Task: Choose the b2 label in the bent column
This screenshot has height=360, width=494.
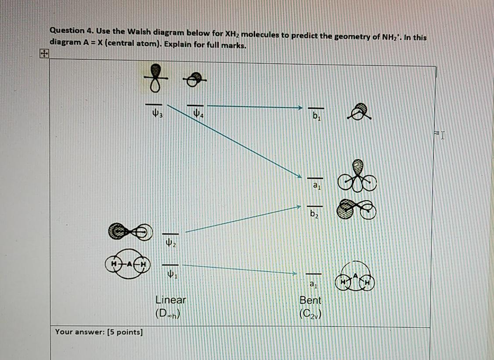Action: point(314,215)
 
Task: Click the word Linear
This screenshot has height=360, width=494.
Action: point(171,300)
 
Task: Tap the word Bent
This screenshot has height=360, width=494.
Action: point(310,300)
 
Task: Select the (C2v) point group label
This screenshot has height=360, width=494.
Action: point(310,314)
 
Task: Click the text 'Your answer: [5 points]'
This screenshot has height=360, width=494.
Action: point(99,331)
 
